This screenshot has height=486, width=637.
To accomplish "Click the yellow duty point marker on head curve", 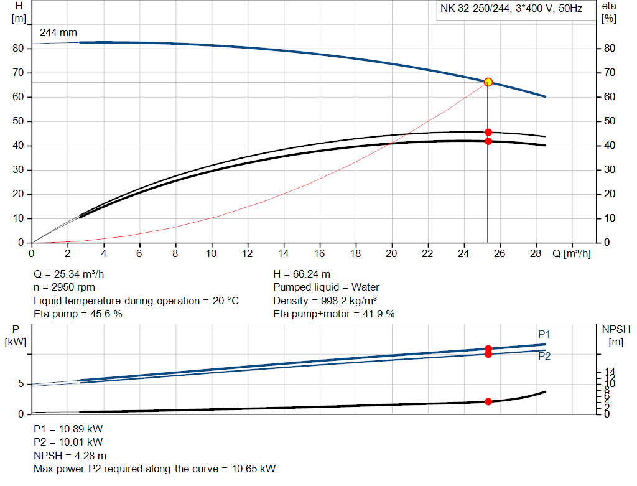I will coord(488,82).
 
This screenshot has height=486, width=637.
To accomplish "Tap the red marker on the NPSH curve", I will coord(488,401).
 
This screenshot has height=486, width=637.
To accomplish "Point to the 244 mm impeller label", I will coord(58,32).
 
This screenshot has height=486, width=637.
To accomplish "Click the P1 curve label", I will coord(544,334).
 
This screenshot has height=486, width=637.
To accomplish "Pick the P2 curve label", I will coord(544,356).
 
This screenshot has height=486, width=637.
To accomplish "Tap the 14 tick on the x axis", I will coord(284,254).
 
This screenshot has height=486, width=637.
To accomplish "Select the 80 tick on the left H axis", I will coord(19,49).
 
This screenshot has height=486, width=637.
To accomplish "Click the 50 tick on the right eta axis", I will coord(609,121).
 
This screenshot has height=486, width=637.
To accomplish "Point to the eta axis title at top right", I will coord(608,12).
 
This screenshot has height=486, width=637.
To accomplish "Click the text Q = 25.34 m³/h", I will coord(73,274).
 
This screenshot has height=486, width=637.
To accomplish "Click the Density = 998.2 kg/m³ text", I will coord(325,301).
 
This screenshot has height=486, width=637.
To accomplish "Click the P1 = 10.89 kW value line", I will coord(68,429).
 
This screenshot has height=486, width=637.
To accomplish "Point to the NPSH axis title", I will coord(613,334).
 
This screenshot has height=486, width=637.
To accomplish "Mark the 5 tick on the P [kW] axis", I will coord(22,384).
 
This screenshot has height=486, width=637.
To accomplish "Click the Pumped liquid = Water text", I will coord(326,287).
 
